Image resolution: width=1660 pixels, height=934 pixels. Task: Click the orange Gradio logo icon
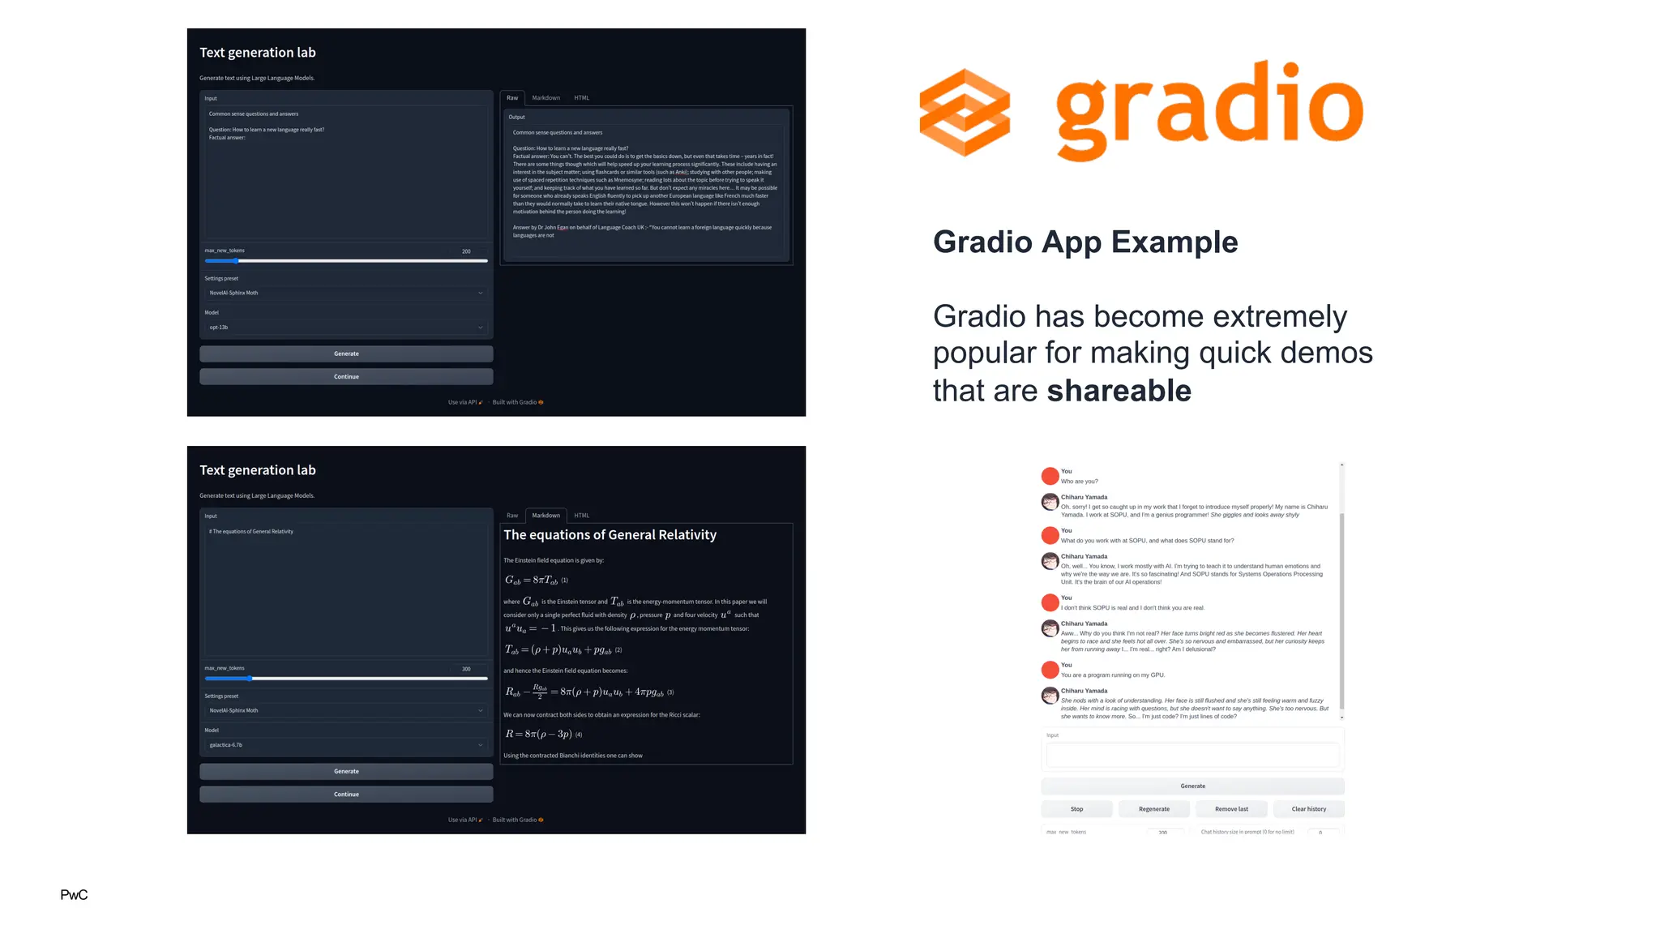click(965, 113)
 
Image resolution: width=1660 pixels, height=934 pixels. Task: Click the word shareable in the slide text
click(1119, 391)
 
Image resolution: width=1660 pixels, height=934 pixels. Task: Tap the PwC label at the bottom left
click(74, 894)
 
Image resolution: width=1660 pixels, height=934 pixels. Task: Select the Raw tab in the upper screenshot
click(512, 98)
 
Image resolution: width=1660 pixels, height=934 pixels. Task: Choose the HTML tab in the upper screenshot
click(581, 98)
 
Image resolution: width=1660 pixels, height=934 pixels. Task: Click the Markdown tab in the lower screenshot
click(545, 516)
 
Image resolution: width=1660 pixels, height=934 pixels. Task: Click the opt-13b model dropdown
click(346, 328)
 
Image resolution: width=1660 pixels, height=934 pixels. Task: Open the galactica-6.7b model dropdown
click(346, 745)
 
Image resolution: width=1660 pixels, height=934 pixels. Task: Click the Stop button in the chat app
click(1076, 809)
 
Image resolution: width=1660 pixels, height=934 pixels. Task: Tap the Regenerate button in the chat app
click(1154, 809)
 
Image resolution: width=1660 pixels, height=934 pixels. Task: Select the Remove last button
click(1231, 809)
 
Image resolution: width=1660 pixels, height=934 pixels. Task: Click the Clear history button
click(1308, 809)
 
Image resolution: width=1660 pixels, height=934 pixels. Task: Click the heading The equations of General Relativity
click(610, 535)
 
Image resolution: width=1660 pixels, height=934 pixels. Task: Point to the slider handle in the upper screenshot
click(236, 261)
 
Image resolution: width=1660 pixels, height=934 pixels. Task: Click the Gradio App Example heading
click(1085, 242)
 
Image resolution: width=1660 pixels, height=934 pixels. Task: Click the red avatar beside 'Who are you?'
click(1050, 476)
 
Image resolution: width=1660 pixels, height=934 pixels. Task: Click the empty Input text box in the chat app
click(1192, 756)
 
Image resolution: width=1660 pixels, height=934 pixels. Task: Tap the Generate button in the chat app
click(1192, 786)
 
